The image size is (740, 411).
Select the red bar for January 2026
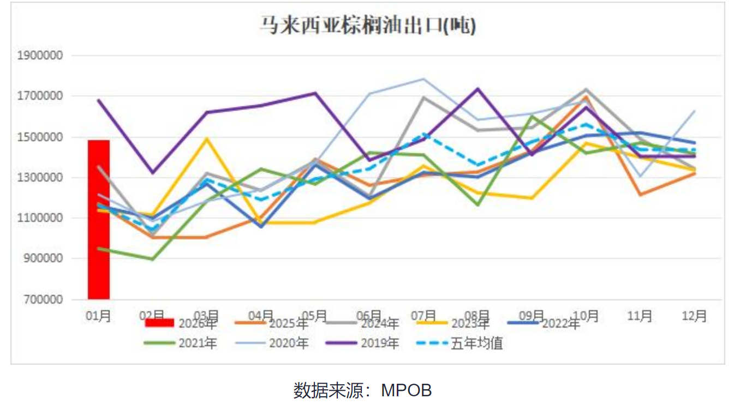[99, 219]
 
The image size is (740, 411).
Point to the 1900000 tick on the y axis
[41, 56]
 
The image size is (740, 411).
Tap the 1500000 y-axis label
[41, 137]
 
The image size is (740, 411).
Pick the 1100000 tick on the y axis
[41, 218]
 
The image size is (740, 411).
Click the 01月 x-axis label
[99, 316]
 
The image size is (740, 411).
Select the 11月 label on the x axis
[640, 316]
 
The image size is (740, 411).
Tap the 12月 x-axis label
[694, 316]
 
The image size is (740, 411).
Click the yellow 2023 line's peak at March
[207, 138]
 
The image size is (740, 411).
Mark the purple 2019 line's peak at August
[478, 89]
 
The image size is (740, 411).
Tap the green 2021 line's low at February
[153, 259]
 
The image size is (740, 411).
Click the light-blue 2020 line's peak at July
[423, 79]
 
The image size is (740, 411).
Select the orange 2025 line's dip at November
[640, 195]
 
